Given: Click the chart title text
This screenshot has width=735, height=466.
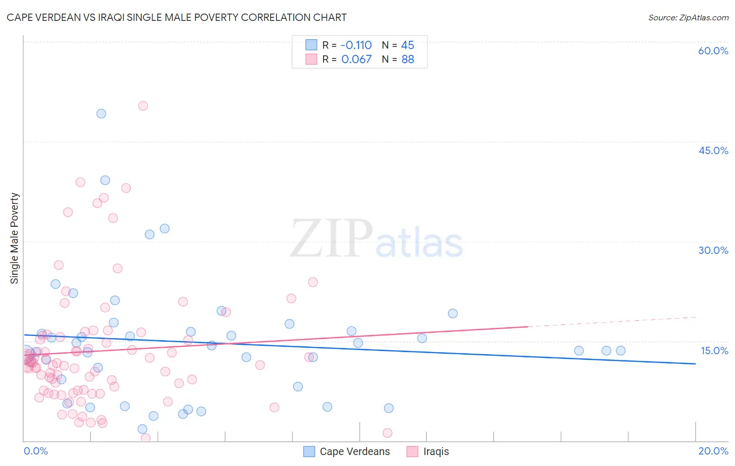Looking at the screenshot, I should [177, 17].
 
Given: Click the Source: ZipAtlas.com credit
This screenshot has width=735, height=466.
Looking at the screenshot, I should [688, 17].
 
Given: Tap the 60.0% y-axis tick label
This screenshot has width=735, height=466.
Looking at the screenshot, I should [713, 51].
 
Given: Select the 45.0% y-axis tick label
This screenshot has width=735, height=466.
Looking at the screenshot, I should [713, 150].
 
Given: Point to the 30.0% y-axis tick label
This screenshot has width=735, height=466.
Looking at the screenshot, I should [713, 250].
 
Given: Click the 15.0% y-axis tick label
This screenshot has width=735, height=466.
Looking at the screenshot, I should [714, 351].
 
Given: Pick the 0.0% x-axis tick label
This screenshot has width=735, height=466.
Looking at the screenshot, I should [36, 451].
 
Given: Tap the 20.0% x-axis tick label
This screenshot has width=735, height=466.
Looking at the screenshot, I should [713, 451].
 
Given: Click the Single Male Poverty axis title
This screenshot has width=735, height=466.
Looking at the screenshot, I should [15, 238].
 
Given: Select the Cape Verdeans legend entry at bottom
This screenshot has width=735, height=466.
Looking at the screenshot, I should [347, 452].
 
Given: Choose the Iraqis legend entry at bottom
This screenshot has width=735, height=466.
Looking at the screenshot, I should [428, 452].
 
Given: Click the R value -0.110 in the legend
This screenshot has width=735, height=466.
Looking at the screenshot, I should [356, 45].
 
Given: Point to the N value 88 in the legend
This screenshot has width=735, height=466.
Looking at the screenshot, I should [408, 60].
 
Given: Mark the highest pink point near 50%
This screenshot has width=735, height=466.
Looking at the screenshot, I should [143, 106].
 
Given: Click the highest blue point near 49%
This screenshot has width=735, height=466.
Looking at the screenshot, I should [101, 113].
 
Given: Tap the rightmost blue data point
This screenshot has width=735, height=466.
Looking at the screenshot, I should [621, 351].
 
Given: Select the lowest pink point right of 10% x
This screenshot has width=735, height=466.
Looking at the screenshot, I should [387, 433].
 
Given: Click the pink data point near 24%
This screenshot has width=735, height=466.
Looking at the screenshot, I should [313, 282].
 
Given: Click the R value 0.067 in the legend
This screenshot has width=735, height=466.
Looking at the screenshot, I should [357, 60].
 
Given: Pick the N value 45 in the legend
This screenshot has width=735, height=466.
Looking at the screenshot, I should [407, 45].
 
